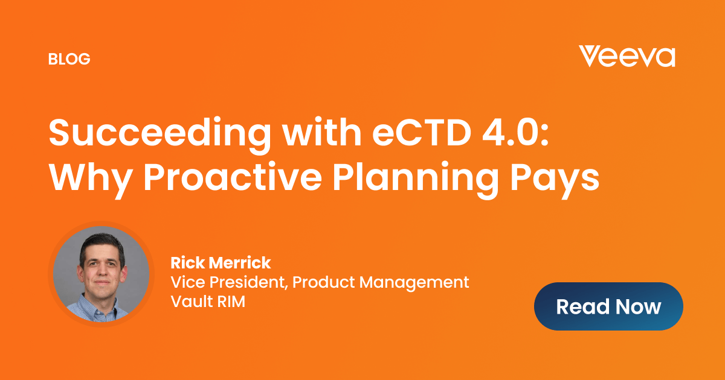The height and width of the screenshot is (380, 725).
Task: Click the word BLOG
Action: click(69, 59)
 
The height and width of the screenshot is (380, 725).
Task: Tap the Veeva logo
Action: click(627, 56)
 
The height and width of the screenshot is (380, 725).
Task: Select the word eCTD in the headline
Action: click(422, 133)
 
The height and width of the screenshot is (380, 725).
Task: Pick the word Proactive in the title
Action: click(233, 177)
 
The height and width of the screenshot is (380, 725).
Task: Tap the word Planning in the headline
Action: click(416, 179)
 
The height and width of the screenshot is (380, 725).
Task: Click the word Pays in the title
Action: click(555, 180)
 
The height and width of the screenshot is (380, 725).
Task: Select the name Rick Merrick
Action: click(221, 262)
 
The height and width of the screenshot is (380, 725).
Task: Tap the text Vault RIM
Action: click(208, 302)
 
